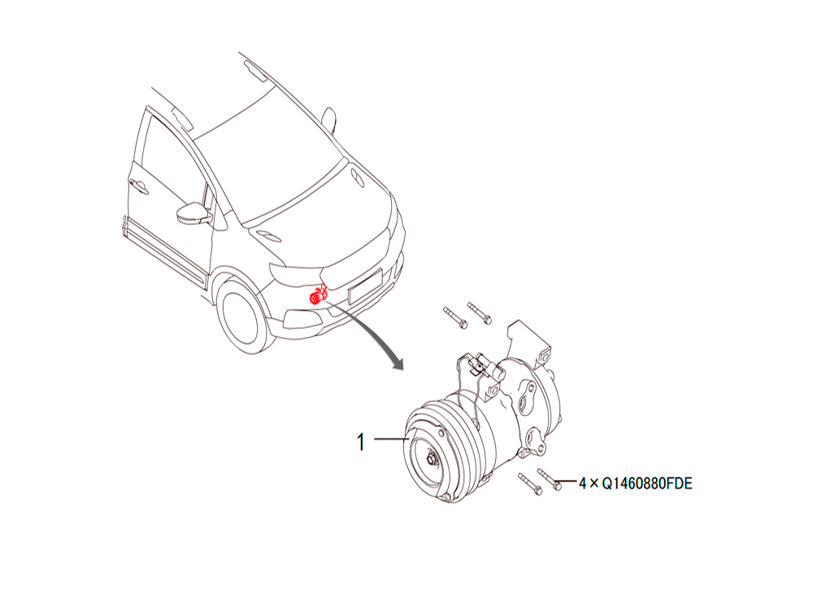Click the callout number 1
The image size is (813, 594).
coord(361,443)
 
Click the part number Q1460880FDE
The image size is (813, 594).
coord(647,483)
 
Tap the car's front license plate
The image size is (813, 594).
coord(366,286)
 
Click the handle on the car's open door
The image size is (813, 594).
coord(138,186)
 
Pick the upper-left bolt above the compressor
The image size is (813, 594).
coord(456,318)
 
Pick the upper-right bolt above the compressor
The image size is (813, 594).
coord(480,313)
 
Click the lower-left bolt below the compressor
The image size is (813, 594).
coord(530,484)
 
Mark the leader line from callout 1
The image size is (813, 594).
coord(392,439)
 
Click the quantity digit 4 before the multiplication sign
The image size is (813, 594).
coord(583,483)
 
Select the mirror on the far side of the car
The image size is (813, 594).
coord(328,120)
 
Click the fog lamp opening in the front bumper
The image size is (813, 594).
coord(302,318)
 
